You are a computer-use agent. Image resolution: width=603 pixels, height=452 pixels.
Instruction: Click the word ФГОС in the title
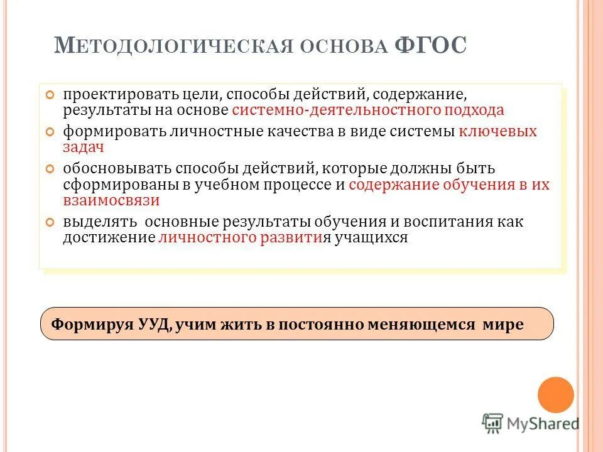click(x=431, y=47)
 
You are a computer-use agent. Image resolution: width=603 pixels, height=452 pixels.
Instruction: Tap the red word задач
click(x=83, y=147)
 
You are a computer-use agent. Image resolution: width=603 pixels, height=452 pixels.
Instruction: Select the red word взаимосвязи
click(x=111, y=200)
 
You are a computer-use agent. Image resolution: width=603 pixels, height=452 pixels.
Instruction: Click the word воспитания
click(x=455, y=222)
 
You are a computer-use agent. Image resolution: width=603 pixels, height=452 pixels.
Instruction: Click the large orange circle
click(x=556, y=395)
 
